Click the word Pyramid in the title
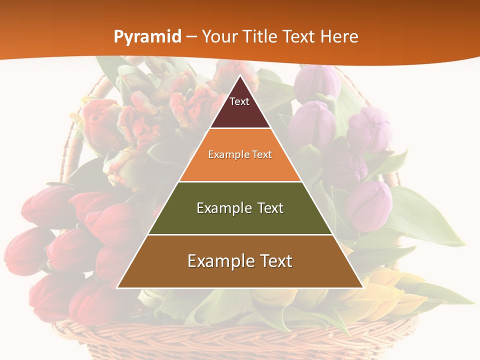[147, 36]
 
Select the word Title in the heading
[259, 36]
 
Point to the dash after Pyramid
[191, 37]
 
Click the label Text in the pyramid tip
[239, 101]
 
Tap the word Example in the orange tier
[224, 154]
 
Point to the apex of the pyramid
[240, 76]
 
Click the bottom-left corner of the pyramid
[117, 287]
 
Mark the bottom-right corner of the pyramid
[362, 287]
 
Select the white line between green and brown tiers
[240, 234]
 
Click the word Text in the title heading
[299, 36]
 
